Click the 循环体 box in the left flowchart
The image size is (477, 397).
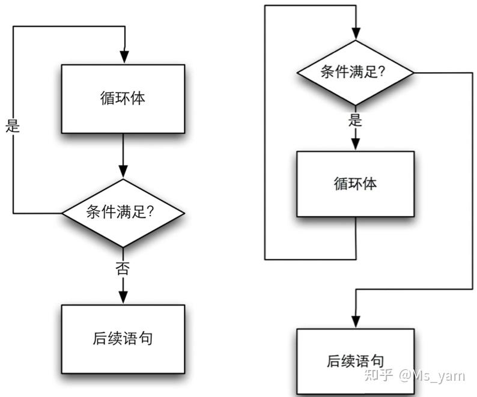[x=123, y=99]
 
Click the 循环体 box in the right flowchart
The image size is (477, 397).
[x=355, y=184]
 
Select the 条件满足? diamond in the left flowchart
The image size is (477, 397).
[x=123, y=213]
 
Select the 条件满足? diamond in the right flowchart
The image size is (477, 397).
[x=355, y=73]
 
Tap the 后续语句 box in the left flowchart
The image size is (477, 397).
[x=123, y=339]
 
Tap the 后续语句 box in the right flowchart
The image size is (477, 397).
[x=355, y=362]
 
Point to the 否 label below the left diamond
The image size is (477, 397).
[x=123, y=268]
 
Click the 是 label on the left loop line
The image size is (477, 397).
[x=13, y=126]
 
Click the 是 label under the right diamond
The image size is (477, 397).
[x=355, y=120]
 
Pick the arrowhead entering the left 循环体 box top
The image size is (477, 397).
[x=124, y=57]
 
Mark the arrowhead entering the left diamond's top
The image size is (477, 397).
[x=123, y=172]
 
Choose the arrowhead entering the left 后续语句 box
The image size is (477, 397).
[x=123, y=297]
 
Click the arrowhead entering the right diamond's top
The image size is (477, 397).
[x=356, y=34]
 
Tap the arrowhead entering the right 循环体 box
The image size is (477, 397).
[x=355, y=144]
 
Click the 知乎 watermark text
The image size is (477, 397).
[x=378, y=375]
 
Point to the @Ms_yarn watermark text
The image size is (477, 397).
[x=432, y=376]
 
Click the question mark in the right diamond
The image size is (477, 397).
[x=381, y=72]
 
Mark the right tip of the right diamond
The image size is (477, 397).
[x=414, y=73]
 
